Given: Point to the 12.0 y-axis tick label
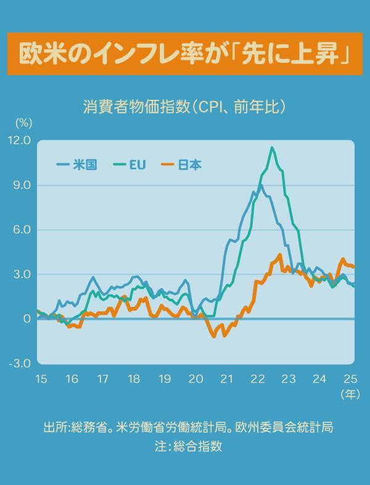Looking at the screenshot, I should tap(18, 141).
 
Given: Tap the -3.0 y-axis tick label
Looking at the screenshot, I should tap(19, 363).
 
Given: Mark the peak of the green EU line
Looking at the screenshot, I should tap(272, 147).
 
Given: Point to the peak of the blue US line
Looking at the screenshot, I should tap(260, 184).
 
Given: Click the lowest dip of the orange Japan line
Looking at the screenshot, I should tap(214, 336).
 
